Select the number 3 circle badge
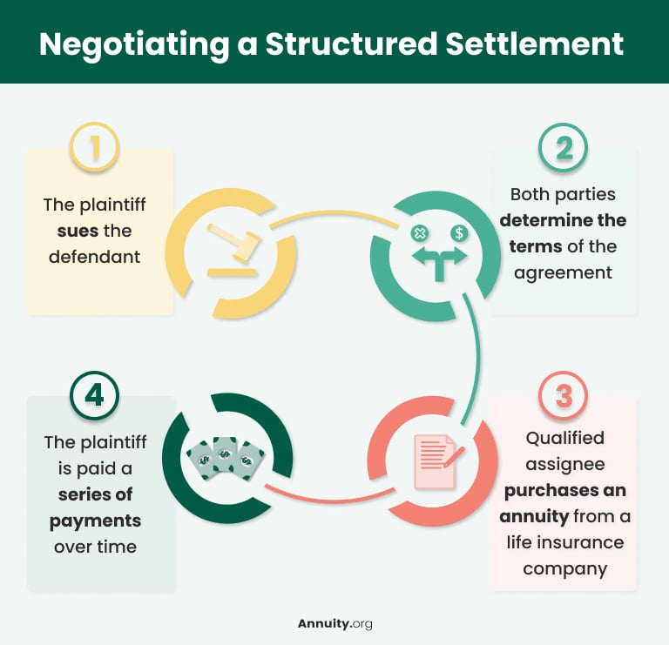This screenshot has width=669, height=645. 564,397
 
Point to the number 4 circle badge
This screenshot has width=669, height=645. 94,397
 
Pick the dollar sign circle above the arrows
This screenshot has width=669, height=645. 458,233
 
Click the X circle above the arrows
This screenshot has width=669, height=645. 419,233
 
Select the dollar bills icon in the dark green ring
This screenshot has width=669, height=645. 226,454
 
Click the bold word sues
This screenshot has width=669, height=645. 78,232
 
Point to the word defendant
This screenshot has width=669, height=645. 95,257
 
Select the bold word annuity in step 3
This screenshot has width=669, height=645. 534,516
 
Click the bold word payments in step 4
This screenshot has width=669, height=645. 95,521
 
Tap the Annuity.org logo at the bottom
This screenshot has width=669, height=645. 334,623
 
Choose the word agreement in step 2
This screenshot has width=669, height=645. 563,272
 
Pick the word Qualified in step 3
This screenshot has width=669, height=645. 564,438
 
